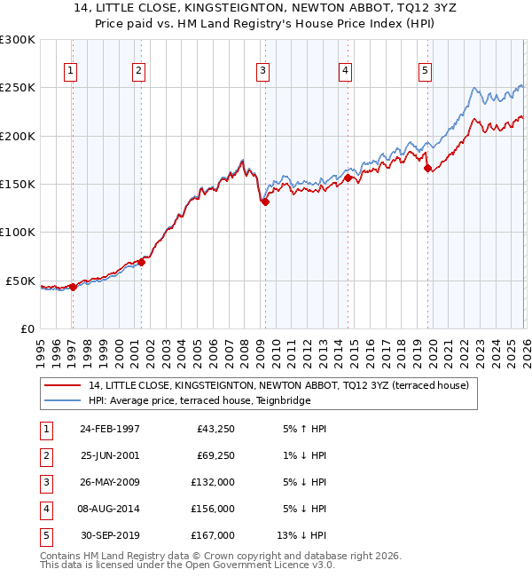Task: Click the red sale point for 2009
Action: tap(264, 202)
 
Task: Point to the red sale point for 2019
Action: tap(427, 168)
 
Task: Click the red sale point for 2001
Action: tap(141, 262)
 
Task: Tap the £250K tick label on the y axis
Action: tap(18, 88)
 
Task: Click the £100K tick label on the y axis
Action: tap(18, 232)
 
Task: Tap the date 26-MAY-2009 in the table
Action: tap(109, 482)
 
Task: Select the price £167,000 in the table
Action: tap(213, 535)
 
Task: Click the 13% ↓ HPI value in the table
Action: tap(303, 535)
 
